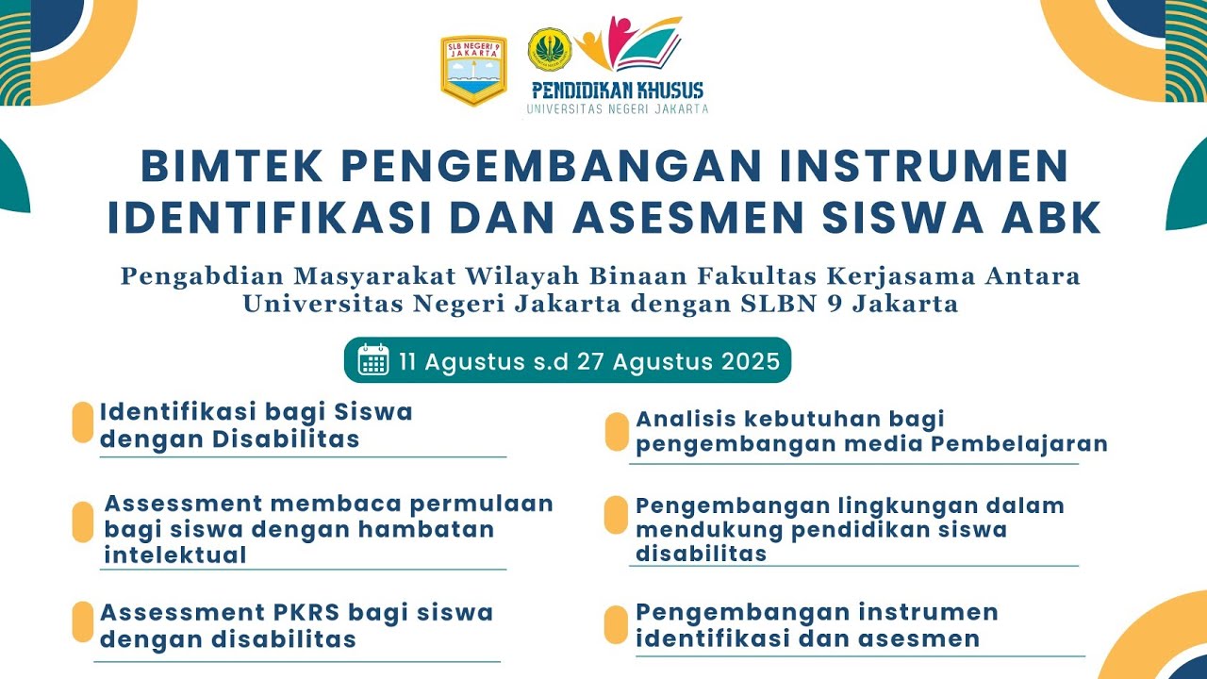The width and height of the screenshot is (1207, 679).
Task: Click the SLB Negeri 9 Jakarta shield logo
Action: tap(473, 70)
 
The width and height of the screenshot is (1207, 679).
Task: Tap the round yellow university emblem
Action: tap(549, 49)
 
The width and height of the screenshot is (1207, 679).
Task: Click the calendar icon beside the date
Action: tap(373, 360)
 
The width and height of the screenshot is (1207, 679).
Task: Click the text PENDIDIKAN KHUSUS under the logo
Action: tap(618, 91)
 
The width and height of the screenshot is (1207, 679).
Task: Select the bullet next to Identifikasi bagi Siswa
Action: tap(83, 422)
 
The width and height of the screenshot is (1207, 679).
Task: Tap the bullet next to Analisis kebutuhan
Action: tap(617, 431)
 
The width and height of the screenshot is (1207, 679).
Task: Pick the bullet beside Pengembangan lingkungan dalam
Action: tap(617, 515)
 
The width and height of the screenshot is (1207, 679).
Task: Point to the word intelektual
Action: tap(175, 555)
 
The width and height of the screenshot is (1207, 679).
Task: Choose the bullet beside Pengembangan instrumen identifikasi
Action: tap(617, 624)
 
